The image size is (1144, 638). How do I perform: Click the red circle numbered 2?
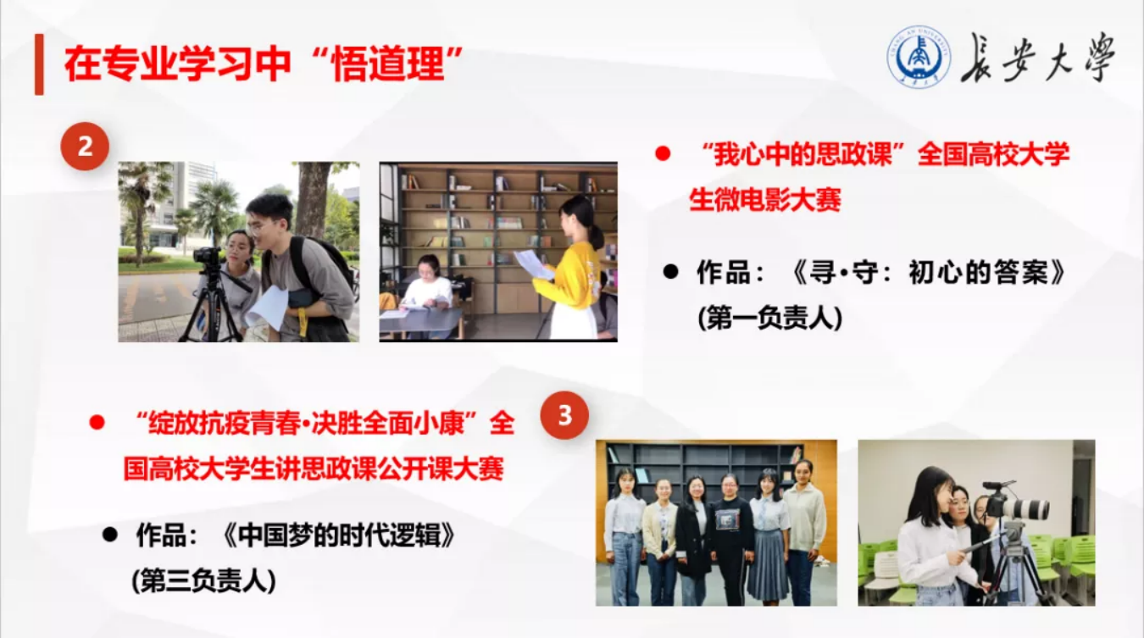click(85, 147)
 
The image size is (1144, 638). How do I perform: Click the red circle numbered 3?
click(564, 415)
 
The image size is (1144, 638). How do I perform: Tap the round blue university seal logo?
click(919, 58)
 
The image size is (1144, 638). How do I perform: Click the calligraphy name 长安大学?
click(1037, 58)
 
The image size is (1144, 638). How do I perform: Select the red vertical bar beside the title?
click(39, 64)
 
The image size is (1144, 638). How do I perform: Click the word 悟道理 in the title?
click(389, 64)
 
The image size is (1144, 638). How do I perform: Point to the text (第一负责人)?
click(770, 319)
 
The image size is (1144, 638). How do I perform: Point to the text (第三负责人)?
click(203, 580)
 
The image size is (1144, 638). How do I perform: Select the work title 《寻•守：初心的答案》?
click(928, 272)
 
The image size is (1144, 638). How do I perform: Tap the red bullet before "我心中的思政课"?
click(663, 153)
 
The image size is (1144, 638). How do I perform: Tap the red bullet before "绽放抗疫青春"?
click(97, 423)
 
